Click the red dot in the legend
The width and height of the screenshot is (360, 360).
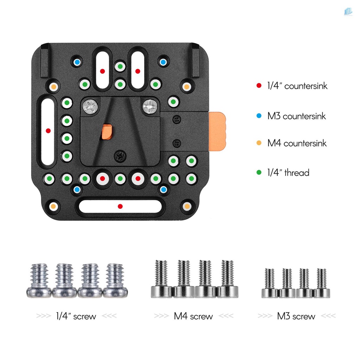pos(259,85)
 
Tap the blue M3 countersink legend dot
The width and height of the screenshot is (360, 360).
pos(259,116)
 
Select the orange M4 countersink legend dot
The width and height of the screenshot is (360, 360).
pos(259,143)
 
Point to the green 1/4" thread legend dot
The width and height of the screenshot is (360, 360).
pos(259,173)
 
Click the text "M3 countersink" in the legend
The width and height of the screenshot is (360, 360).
pos(296,116)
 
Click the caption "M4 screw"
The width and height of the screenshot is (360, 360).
pos(193,316)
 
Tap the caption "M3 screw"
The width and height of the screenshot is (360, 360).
pos(296,316)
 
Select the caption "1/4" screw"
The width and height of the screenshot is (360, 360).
pos(76,316)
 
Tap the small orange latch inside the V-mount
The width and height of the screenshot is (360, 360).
pos(107,131)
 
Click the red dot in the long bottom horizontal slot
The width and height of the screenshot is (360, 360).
pos(120,206)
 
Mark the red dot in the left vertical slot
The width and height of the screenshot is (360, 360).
pos(48,131)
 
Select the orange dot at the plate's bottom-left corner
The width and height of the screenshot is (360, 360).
pos(53,206)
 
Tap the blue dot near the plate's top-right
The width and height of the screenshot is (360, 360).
pos(163,62)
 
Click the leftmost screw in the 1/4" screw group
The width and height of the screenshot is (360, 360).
pos(39,281)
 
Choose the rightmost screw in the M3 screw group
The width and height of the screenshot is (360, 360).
pos(321,283)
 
